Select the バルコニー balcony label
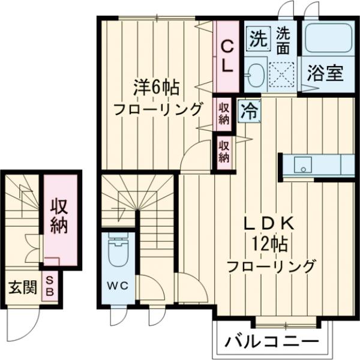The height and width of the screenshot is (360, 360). click(x=272, y=343)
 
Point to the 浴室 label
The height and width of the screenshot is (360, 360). click(x=325, y=73)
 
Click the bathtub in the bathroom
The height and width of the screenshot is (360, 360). click(x=328, y=40)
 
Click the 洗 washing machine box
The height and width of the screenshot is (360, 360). click(x=258, y=39)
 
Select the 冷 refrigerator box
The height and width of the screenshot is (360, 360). click(x=248, y=110)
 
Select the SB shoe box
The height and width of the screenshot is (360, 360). click(x=50, y=286)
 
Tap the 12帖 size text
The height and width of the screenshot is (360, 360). click(x=270, y=244)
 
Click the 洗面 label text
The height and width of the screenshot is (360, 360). click(x=284, y=39)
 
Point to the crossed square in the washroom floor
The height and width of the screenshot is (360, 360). click(x=281, y=74)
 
